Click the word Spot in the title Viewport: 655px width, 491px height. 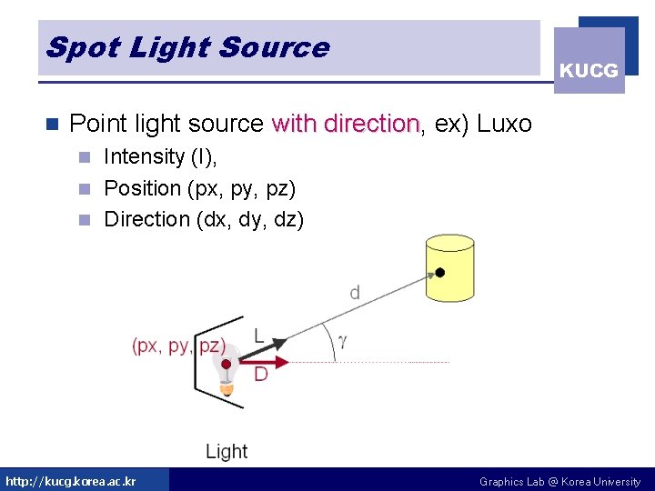(73, 47)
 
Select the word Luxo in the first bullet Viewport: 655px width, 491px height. (504, 124)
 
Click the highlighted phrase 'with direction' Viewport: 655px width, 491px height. (345, 124)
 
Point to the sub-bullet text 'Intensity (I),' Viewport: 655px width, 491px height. (160, 156)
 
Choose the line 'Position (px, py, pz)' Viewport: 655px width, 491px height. (199, 188)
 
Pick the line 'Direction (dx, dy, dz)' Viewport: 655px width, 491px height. (204, 219)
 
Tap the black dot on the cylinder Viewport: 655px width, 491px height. (440, 272)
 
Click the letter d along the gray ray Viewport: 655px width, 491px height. (354, 292)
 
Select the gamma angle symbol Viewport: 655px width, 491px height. (342, 342)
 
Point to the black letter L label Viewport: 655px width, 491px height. (259, 336)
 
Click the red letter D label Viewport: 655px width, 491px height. (261, 374)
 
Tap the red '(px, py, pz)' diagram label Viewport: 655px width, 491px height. (178, 346)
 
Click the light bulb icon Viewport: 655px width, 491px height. (226, 367)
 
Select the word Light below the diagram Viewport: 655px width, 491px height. (227, 451)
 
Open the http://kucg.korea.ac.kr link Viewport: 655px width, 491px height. (71, 481)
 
